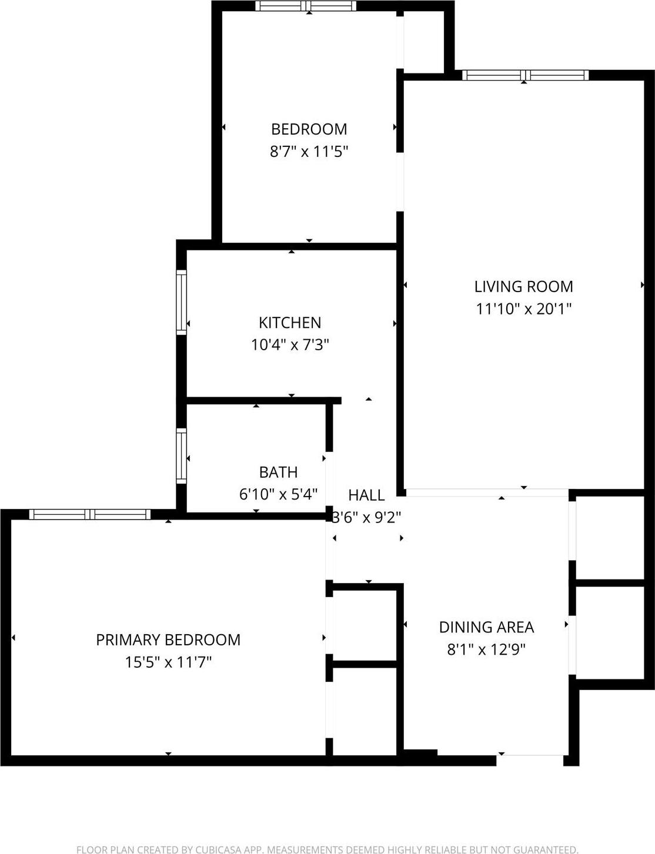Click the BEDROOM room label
click(309, 129)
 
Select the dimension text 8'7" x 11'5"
click(309, 152)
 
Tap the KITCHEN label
click(290, 322)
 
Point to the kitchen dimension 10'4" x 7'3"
click(290, 344)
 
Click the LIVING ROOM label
click(523, 286)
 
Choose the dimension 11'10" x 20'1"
click(523, 309)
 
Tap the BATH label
click(278, 472)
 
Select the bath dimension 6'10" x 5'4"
click(278, 494)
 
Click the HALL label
click(366, 495)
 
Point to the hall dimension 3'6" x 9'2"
click(366, 517)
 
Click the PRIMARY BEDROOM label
click(168, 639)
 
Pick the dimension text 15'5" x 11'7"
click(168, 662)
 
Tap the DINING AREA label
click(486, 627)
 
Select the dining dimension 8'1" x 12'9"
click(486, 649)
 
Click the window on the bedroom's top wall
click(306, 6)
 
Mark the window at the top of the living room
click(525, 75)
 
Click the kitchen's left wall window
click(181, 302)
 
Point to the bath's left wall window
click(181, 456)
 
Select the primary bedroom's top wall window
click(90, 514)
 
